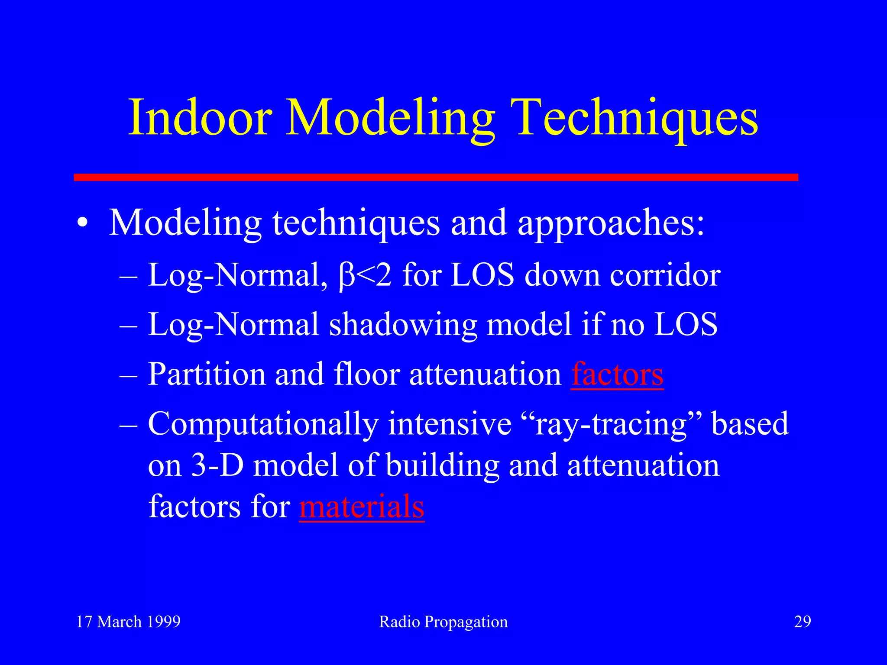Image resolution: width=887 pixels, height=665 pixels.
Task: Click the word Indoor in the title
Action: [x=200, y=117]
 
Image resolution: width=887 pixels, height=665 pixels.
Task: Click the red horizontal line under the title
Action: [x=436, y=177]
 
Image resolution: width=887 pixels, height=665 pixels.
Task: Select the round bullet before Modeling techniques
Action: [x=82, y=224]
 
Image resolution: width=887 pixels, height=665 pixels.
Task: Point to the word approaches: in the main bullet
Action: [x=611, y=224]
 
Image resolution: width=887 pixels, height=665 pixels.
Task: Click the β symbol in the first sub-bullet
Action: [x=347, y=276]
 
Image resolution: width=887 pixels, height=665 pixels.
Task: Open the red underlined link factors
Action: [x=617, y=374]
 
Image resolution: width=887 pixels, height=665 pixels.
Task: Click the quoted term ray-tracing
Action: [x=611, y=425]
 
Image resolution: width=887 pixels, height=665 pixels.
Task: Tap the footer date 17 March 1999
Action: [x=128, y=622]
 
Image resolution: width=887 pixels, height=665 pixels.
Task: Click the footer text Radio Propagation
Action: [x=443, y=622]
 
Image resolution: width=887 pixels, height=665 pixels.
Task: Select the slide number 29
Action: [x=802, y=622]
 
